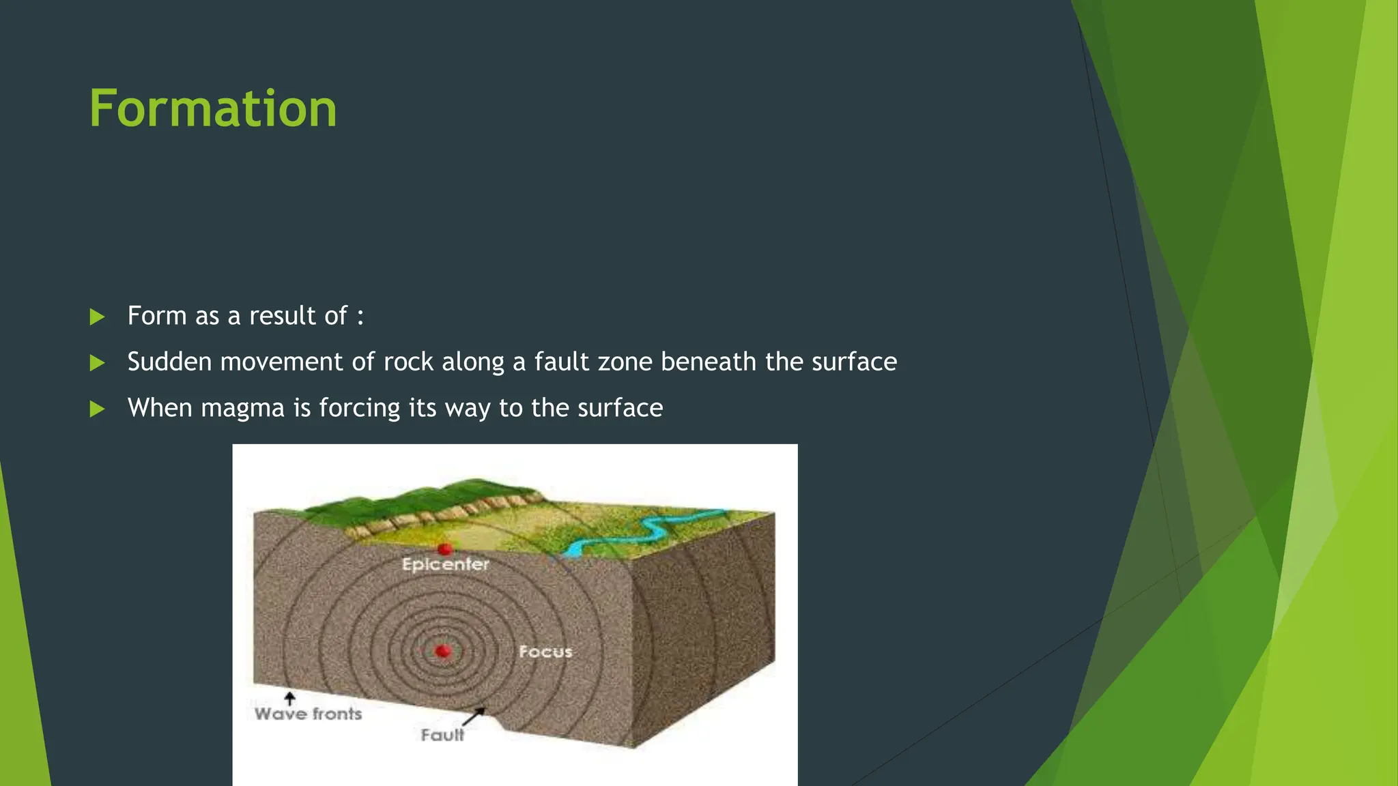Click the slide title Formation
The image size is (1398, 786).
coord(213,109)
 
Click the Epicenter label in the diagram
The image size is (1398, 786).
coord(445,564)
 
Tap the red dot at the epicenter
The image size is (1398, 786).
coord(445,549)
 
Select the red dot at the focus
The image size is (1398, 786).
coord(443,651)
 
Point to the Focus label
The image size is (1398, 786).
coord(545,652)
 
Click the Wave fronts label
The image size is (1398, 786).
coord(308,714)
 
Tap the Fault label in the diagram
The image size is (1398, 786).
coord(442,735)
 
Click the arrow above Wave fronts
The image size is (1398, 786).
coord(290,698)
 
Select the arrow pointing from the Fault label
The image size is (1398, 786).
coord(474,716)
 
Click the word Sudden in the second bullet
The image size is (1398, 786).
coord(170,362)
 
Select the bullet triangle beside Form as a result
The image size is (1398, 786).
coord(97,317)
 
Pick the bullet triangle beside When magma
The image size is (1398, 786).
coord(97,409)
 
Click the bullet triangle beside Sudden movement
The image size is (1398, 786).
coord(97,363)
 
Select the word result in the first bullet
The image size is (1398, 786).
coord(281,316)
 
